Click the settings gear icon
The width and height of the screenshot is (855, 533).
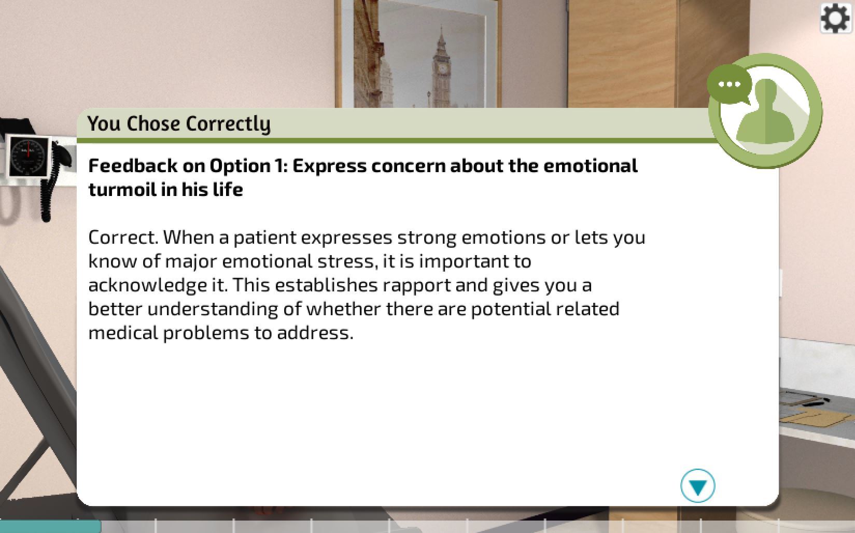pos(835,18)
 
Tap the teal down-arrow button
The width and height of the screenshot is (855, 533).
pos(698,486)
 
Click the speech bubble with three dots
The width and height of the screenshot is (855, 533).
pos(729,85)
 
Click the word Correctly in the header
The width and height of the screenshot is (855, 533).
pos(228,124)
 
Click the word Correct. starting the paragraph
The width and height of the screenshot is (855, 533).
pos(123,237)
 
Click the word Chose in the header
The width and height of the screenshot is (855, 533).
pos(153,124)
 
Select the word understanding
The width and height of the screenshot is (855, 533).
pos(213,310)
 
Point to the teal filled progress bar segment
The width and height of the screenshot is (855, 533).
pos(50,526)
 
